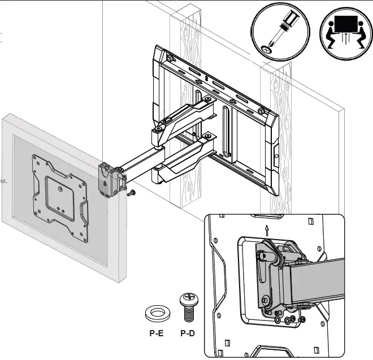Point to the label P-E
click(156, 333)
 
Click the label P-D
click(188, 333)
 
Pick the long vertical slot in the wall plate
click(227, 130)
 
